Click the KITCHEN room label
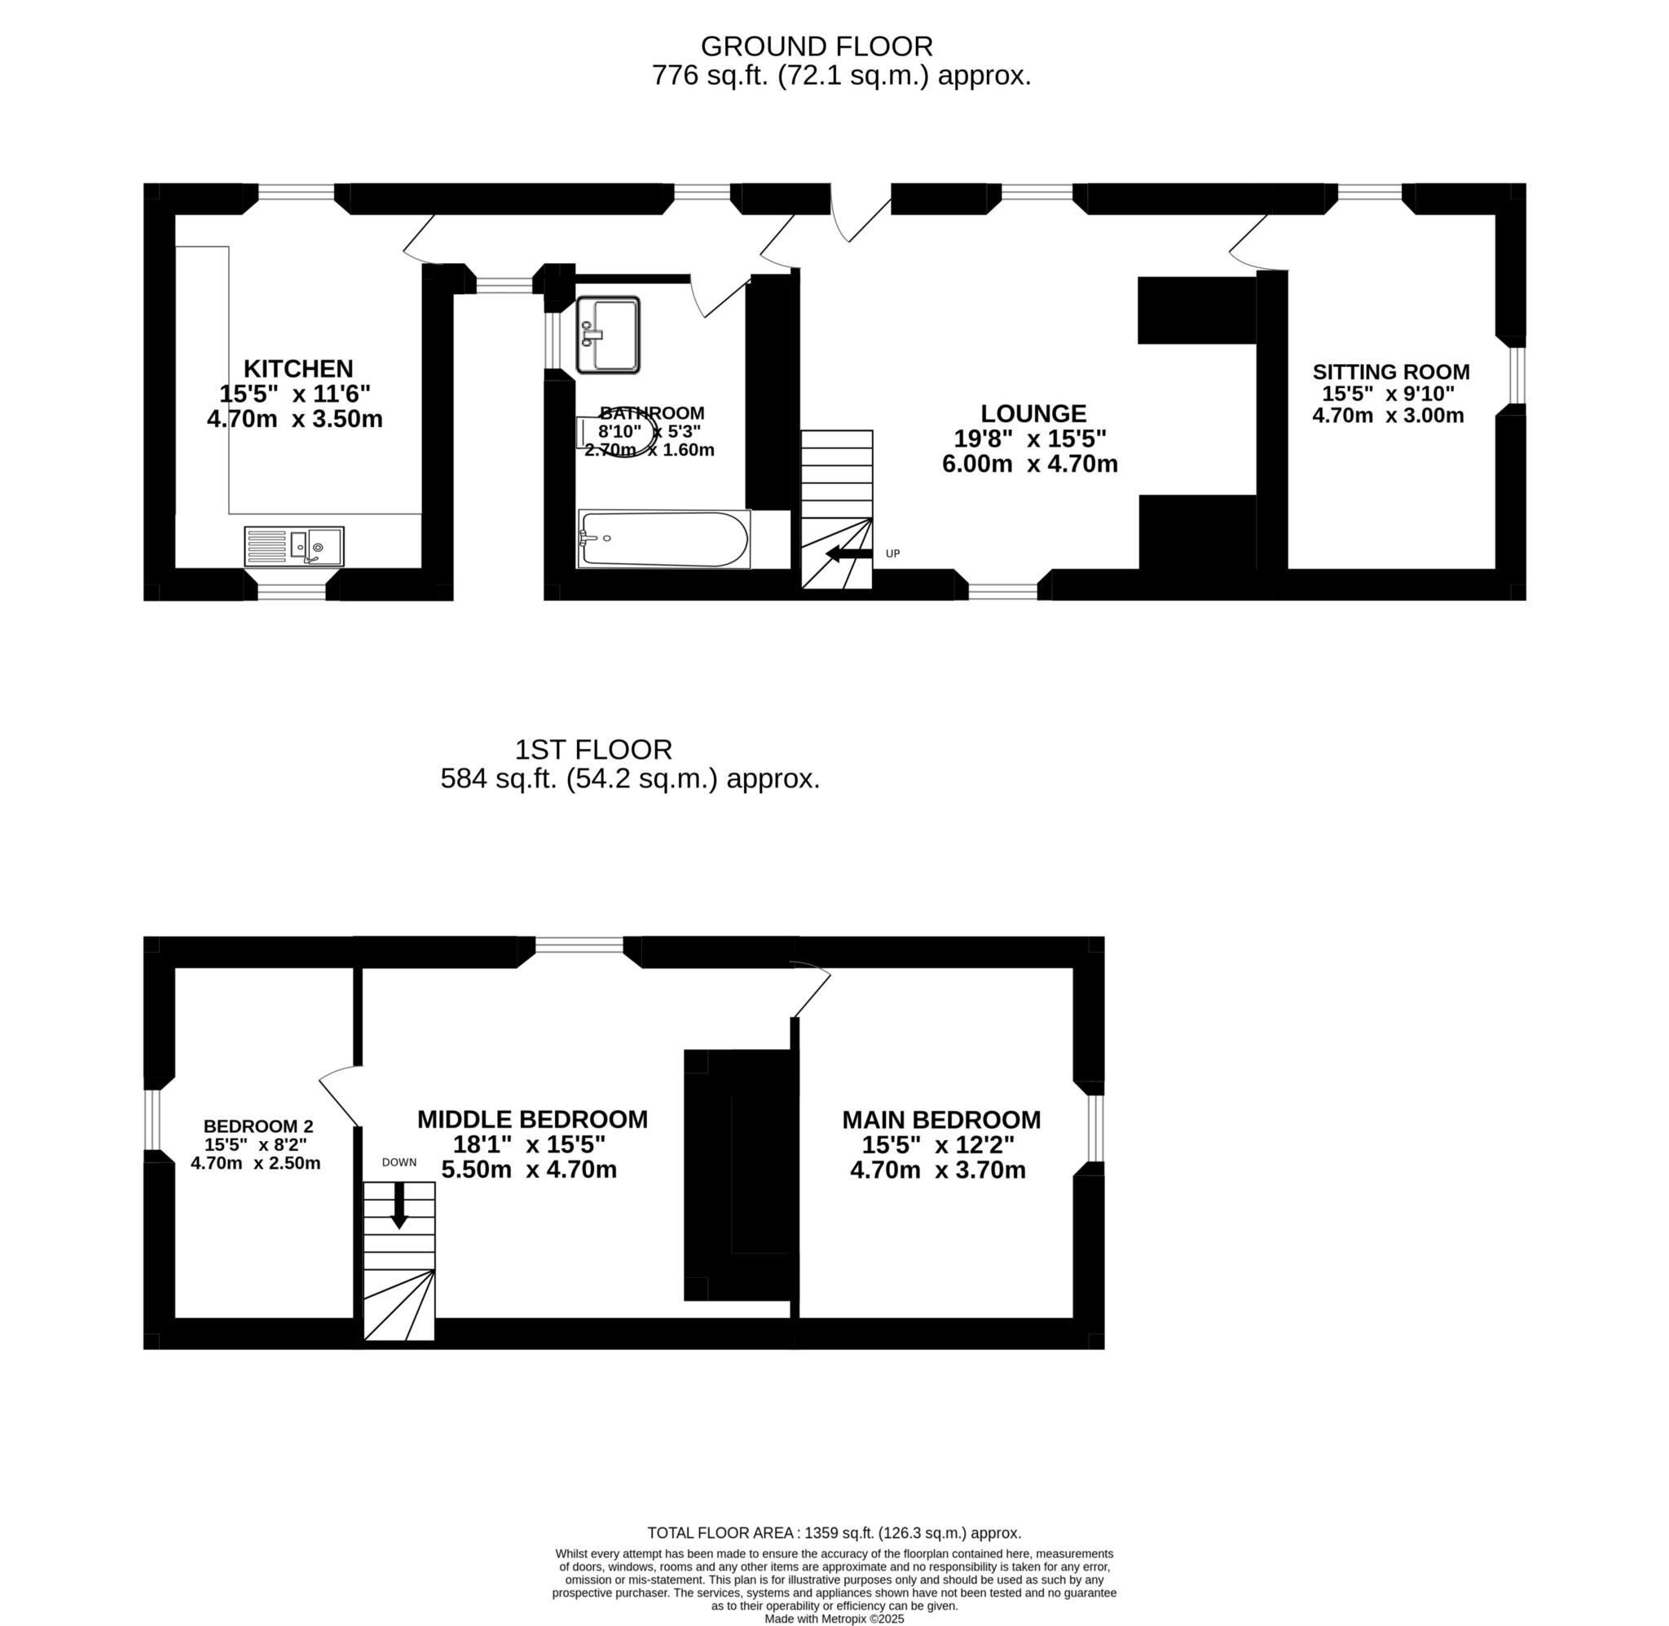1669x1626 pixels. pos(298,369)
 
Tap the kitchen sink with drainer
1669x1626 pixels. pos(293,547)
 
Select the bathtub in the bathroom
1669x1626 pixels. pos(664,539)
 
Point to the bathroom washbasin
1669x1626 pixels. pos(608,335)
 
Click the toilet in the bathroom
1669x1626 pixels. pos(618,436)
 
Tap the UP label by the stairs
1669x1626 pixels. pos(893,553)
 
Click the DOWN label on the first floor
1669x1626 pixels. pos(399,1162)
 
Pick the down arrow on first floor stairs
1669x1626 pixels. pos(399,1210)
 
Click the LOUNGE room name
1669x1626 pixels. pos(1033,413)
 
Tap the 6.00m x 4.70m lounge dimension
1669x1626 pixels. pos(1029,464)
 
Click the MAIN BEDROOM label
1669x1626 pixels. pos(940,1120)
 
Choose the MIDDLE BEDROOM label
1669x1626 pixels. pos(532,1120)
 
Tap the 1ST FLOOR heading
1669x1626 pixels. pos(593,749)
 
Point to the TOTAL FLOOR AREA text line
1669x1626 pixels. pos(834,1533)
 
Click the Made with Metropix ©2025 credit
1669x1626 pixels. pos(834,1619)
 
